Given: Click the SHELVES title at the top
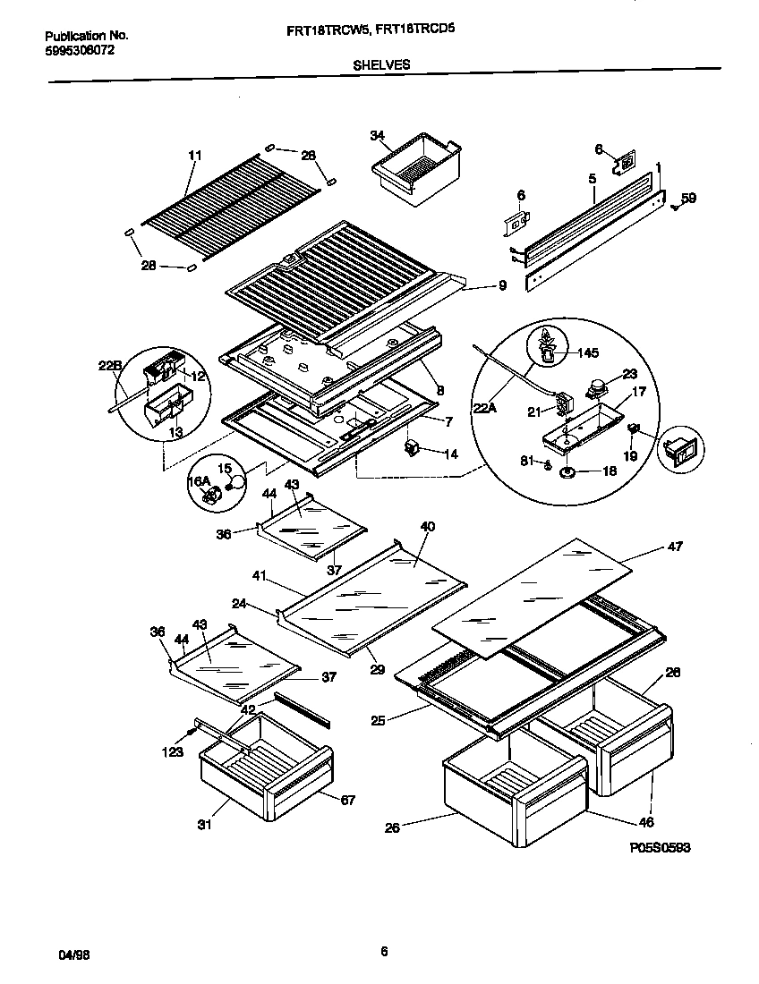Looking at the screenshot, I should (382, 64).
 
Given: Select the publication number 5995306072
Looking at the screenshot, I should (80, 50).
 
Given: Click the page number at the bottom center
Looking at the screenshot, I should (383, 951).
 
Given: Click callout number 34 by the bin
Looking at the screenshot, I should (377, 136).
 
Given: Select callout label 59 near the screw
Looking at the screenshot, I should (688, 198).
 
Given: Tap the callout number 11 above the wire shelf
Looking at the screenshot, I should (195, 156).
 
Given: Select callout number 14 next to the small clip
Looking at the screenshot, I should (451, 454).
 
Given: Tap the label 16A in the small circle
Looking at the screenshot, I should (198, 482).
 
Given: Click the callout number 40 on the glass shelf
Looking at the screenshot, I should (427, 527).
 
